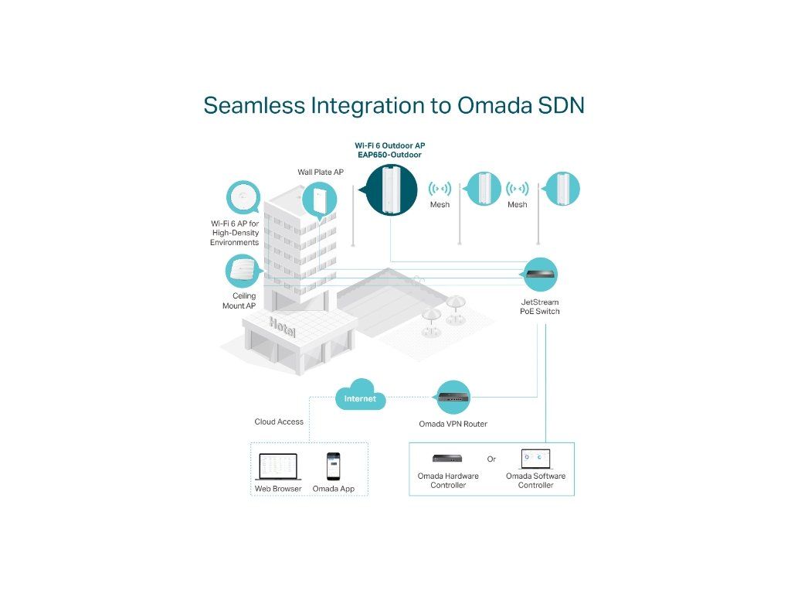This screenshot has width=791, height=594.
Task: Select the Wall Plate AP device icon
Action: coord(321,200)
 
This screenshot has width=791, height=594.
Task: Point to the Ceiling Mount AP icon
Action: coord(243,271)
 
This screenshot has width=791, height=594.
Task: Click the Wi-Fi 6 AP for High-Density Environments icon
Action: coord(245,198)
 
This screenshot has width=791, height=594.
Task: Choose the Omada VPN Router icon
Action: coord(453,398)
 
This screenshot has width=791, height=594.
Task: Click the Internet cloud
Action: coord(360,396)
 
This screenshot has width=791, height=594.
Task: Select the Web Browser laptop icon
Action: coord(277,466)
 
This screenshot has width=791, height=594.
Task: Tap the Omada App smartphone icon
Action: coord(333,466)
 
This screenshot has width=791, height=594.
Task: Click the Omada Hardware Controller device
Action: coord(448,459)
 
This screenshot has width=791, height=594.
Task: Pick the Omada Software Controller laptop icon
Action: coord(535,459)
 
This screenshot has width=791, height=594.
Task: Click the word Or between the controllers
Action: coord(491,459)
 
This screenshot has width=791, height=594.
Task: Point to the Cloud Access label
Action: coord(279,422)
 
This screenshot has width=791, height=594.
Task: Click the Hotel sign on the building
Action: coord(282,327)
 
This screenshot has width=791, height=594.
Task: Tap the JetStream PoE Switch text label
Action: coord(539,306)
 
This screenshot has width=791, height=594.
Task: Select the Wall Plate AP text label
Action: coord(321,172)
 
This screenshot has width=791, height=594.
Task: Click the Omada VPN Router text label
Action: coord(453,424)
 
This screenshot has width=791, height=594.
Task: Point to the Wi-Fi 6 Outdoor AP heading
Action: coord(389,145)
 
